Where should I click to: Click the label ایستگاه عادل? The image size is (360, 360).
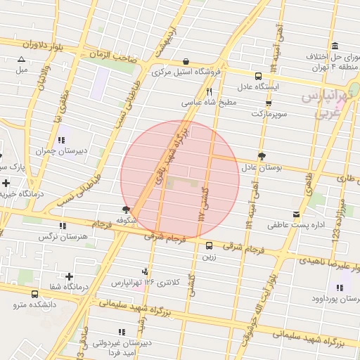coord(257,86)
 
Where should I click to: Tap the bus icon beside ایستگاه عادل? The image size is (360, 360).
coord(258,76)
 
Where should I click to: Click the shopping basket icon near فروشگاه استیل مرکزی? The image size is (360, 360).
coord(185,61)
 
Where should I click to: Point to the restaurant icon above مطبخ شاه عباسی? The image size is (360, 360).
coord(209,91)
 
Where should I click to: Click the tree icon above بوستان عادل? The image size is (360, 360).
coord(262,156)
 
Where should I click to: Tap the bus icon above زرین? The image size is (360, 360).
coord(210,245)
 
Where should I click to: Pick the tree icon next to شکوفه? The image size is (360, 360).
coord(127,210)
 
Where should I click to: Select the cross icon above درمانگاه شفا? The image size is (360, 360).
coord(69,276)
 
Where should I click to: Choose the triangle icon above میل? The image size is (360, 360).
coord(21,60)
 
